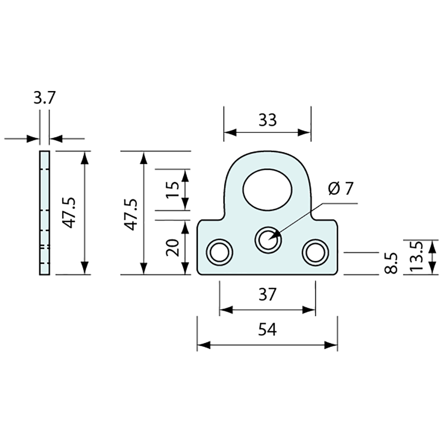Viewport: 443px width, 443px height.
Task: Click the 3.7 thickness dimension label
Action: click(x=44, y=98)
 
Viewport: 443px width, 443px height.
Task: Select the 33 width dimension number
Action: click(x=267, y=120)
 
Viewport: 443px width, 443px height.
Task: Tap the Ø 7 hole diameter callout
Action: click(x=341, y=188)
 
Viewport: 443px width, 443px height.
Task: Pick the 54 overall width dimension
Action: click(x=267, y=330)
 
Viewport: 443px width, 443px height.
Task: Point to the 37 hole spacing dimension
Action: click(x=267, y=295)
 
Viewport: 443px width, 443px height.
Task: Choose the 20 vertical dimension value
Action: click(x=173, y=247)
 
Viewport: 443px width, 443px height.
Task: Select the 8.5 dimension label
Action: click(x=390, y=263)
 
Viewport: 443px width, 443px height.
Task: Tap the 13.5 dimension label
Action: click(x=415, y=257)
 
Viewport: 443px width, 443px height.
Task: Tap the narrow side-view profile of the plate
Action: click(x=44, y=213)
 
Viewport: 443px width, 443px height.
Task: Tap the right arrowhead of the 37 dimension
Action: click(x=309, y=310)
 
